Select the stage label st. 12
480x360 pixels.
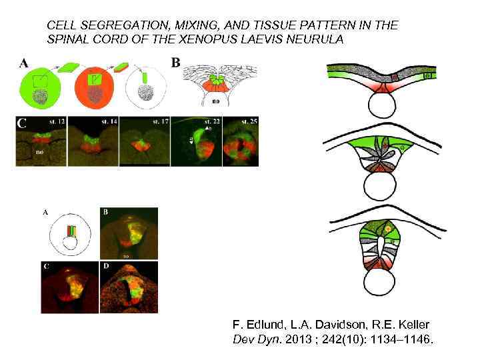(x=55, y=121)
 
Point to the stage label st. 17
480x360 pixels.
(x=159, y=121)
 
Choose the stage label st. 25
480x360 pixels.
(x=249, y=122)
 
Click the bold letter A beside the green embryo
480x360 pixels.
(x=24, y=64)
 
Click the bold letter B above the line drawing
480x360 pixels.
(x=176, y=63)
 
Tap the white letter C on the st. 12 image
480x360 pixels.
(x=22, y=123)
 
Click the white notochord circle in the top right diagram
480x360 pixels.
(x=387, y=103)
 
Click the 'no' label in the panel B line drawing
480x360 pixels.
(x=215, y=103)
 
